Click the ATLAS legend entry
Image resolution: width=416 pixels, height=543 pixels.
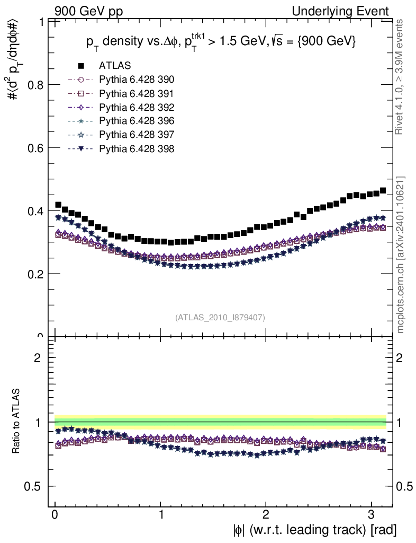(x=114, y=66)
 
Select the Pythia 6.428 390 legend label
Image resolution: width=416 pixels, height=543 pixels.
(x=136, y=80)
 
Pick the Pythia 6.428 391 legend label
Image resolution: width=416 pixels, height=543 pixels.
(x=136, y=93)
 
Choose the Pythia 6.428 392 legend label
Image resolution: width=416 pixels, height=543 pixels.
(x=136, y=107)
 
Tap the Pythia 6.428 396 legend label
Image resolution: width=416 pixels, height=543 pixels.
(x=136, y=121)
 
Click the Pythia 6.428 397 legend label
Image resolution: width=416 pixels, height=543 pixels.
(x=136, y=135)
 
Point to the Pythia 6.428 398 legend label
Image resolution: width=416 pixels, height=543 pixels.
(x=136, y=148)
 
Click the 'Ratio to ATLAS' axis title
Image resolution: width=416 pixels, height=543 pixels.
(x=17, y=422)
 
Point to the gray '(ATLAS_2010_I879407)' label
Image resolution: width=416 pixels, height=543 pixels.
(x=220, y=317)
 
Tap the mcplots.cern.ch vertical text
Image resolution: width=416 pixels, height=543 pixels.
(x=401, y=255)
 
